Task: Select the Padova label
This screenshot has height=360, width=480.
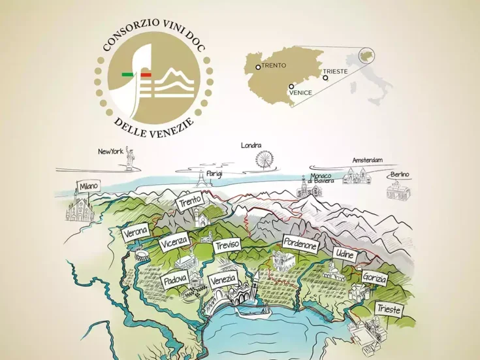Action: coord(176,280)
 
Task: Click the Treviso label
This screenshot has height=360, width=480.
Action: coord(227,244)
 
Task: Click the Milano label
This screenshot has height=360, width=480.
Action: coord(89,187)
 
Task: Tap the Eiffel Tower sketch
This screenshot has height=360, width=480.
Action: coord(199,178)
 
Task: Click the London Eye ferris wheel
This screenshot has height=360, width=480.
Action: coord(264,159)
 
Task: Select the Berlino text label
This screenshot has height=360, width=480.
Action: coord(400,175)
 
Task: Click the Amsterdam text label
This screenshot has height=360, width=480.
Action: coord(367,160)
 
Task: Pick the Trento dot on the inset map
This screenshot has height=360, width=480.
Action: coord(259,67)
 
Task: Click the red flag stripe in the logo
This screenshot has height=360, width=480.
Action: coord(146,75)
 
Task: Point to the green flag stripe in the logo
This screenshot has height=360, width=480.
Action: coord(127,75)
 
